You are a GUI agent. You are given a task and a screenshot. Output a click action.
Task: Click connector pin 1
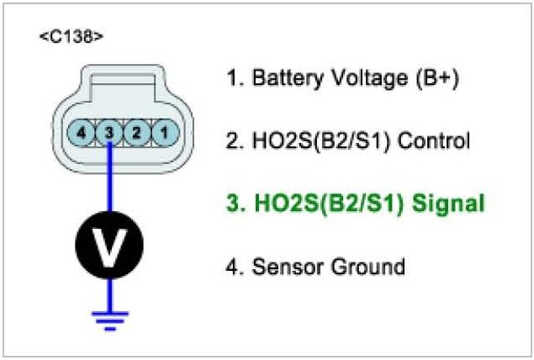click(165, 132)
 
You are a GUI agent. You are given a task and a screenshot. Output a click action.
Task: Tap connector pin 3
click(109, 132)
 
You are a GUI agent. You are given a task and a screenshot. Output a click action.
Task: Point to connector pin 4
click(82, 132)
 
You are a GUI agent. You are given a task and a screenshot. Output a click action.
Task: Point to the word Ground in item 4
click(367, 267)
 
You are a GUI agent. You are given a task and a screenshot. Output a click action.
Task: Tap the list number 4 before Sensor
click(233, 267)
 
